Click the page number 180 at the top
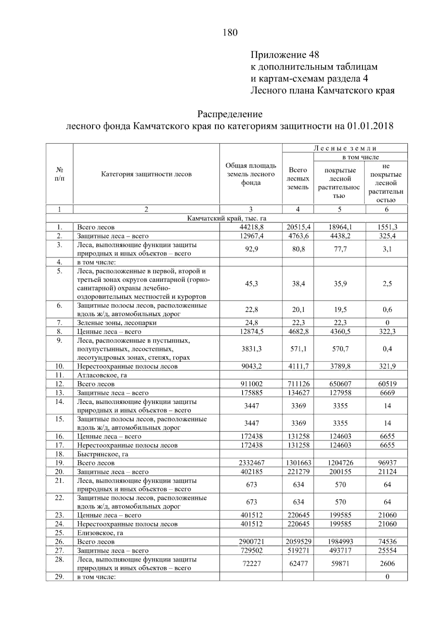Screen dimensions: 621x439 coord(230,33)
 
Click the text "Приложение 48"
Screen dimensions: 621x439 coord(285,55)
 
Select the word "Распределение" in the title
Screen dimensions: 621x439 coord(230,114)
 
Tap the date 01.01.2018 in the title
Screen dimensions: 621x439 coord(370,126)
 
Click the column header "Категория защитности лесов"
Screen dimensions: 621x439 coord(146,174)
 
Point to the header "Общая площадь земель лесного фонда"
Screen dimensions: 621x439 coord(251,174)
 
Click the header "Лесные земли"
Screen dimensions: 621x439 coord(345,148)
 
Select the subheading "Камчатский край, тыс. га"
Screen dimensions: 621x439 coord(226,218)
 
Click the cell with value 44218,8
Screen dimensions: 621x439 coord(251,227)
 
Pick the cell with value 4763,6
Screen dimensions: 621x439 coord(298,236)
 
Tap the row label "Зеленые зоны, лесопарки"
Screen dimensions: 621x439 coord(117,323)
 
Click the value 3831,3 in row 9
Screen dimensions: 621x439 coord(251,349)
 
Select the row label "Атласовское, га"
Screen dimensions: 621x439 coord(102,375)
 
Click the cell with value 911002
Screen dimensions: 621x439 coord(251,384)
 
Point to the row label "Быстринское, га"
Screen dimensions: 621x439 coord(102,454)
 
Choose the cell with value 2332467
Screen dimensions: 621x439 coord(251,463)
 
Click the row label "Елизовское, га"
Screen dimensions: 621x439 coord(100,533)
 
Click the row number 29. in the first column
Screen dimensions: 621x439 coord(59,577)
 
